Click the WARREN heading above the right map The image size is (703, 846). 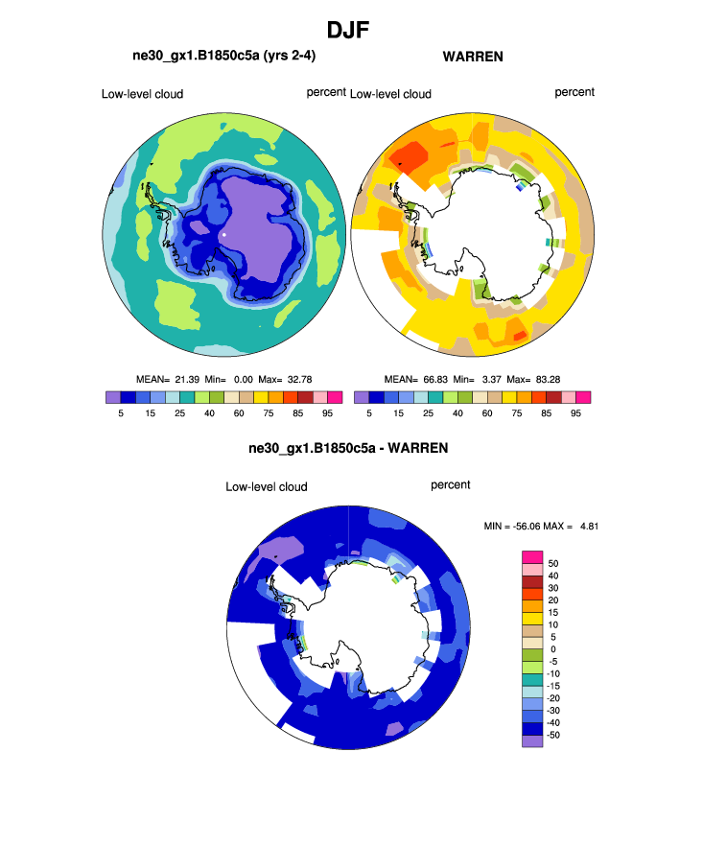pos(473,58)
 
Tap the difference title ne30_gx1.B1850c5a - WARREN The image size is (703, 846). pos(348,448)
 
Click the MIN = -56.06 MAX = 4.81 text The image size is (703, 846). pos(544,526)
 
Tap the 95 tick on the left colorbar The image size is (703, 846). pos(326,413)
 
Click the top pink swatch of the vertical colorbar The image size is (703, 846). pos(531,557)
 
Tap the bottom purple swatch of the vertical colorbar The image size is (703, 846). pos(531,740)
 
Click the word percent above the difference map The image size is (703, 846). pos(451,485)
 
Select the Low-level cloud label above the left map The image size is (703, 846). pos(142,94)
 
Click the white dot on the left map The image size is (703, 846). pos(223,233)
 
